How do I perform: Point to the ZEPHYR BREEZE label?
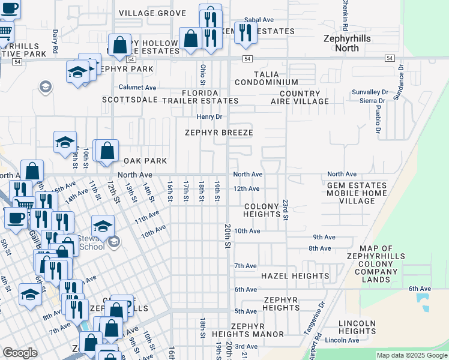(218, 133)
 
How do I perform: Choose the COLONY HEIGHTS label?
(262, 210)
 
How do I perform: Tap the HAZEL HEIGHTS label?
(295, 276)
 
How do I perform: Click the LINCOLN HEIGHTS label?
(357, 327)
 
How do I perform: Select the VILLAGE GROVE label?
(152, 13)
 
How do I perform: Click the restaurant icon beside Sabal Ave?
(246, 32)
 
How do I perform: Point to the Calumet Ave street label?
(137, 87)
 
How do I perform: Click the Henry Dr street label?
(210, 116)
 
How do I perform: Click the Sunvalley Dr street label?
(369, 92)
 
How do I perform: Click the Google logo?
(20, 353)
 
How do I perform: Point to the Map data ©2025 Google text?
(411, 355)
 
